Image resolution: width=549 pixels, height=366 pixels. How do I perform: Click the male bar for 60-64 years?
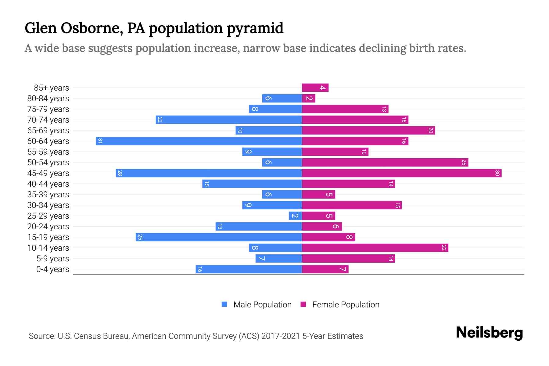[x=199, y=141]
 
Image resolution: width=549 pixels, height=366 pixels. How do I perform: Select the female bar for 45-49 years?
[x=402, y=173]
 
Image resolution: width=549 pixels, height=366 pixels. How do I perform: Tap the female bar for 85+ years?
[x=315, y=88]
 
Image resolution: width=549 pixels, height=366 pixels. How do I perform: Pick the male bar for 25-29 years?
[x=295, y=216]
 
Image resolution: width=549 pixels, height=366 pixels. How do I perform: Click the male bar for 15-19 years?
[x=219, y=237]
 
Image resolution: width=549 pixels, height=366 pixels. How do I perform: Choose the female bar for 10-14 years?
[x=375, y=248]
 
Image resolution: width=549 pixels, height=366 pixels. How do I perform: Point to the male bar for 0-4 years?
[x=249, y=269]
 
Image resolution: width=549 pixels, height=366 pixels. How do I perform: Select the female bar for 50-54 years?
[x=385, y=162]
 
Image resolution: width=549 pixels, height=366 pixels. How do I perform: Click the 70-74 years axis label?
[x=48, y=120]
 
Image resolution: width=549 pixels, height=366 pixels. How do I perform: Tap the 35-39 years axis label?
[x=48, y=195]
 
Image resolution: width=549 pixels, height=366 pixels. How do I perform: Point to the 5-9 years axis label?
[x=53, y=259]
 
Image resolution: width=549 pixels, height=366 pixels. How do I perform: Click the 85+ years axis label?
[x=52, y=88]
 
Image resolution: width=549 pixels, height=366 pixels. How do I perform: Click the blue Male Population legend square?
[x=224, y=304]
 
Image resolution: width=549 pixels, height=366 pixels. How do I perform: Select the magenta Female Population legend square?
[x=303, y=304]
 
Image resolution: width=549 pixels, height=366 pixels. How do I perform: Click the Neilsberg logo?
[x=489, y=332]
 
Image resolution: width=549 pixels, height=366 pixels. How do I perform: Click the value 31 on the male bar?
[x=100, y=141]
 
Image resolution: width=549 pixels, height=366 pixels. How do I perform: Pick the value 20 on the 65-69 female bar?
[x=431, y=130]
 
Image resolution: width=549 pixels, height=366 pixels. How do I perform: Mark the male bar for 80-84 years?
[x=282, y=98]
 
